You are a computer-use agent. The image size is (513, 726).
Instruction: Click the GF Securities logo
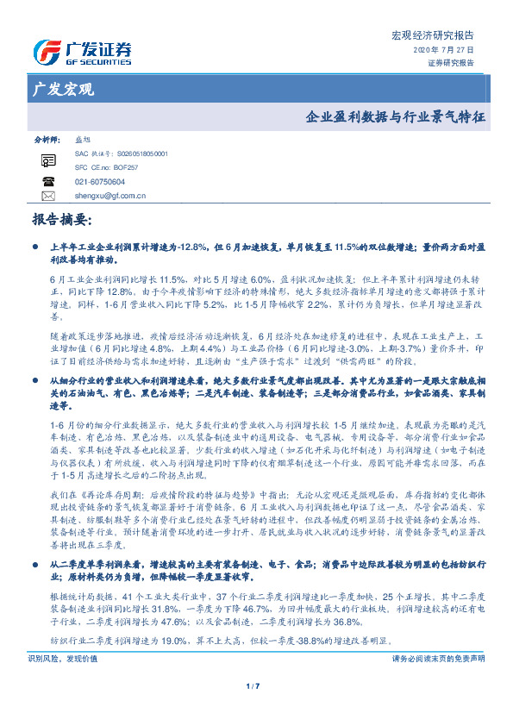(82, 53)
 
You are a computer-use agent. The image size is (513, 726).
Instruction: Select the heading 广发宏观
(63, 89)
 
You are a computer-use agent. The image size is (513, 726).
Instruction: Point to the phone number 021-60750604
(100, 182)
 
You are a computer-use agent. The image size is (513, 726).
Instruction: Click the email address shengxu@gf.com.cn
(109, 196)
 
